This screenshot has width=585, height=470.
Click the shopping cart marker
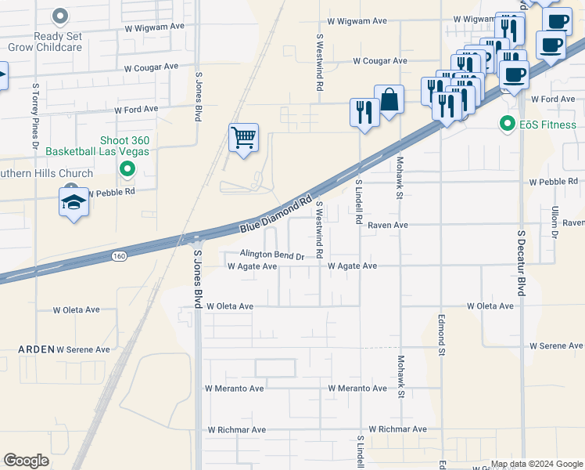[x=243, y=139]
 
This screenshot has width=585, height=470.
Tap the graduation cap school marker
[x=74, y=202]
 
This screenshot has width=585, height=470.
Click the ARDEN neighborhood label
[x=37, y=349]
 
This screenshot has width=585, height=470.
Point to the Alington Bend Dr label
[x=261, y=255]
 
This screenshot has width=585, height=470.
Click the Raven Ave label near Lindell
[x=388, y=225]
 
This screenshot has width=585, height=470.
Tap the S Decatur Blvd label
[x=520, y=262]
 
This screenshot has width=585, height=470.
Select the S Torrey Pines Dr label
[x=35, y=114]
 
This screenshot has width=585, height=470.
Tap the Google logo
[x=26, y=461]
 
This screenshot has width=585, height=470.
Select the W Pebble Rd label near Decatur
[x=553, y=182]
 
